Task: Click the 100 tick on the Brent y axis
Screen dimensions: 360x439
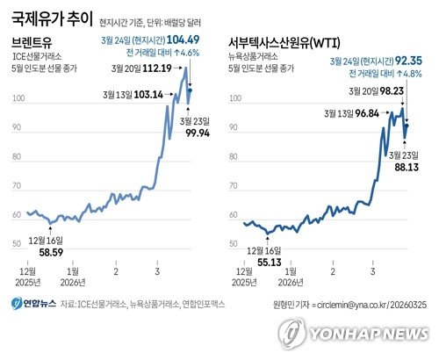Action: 18,99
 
